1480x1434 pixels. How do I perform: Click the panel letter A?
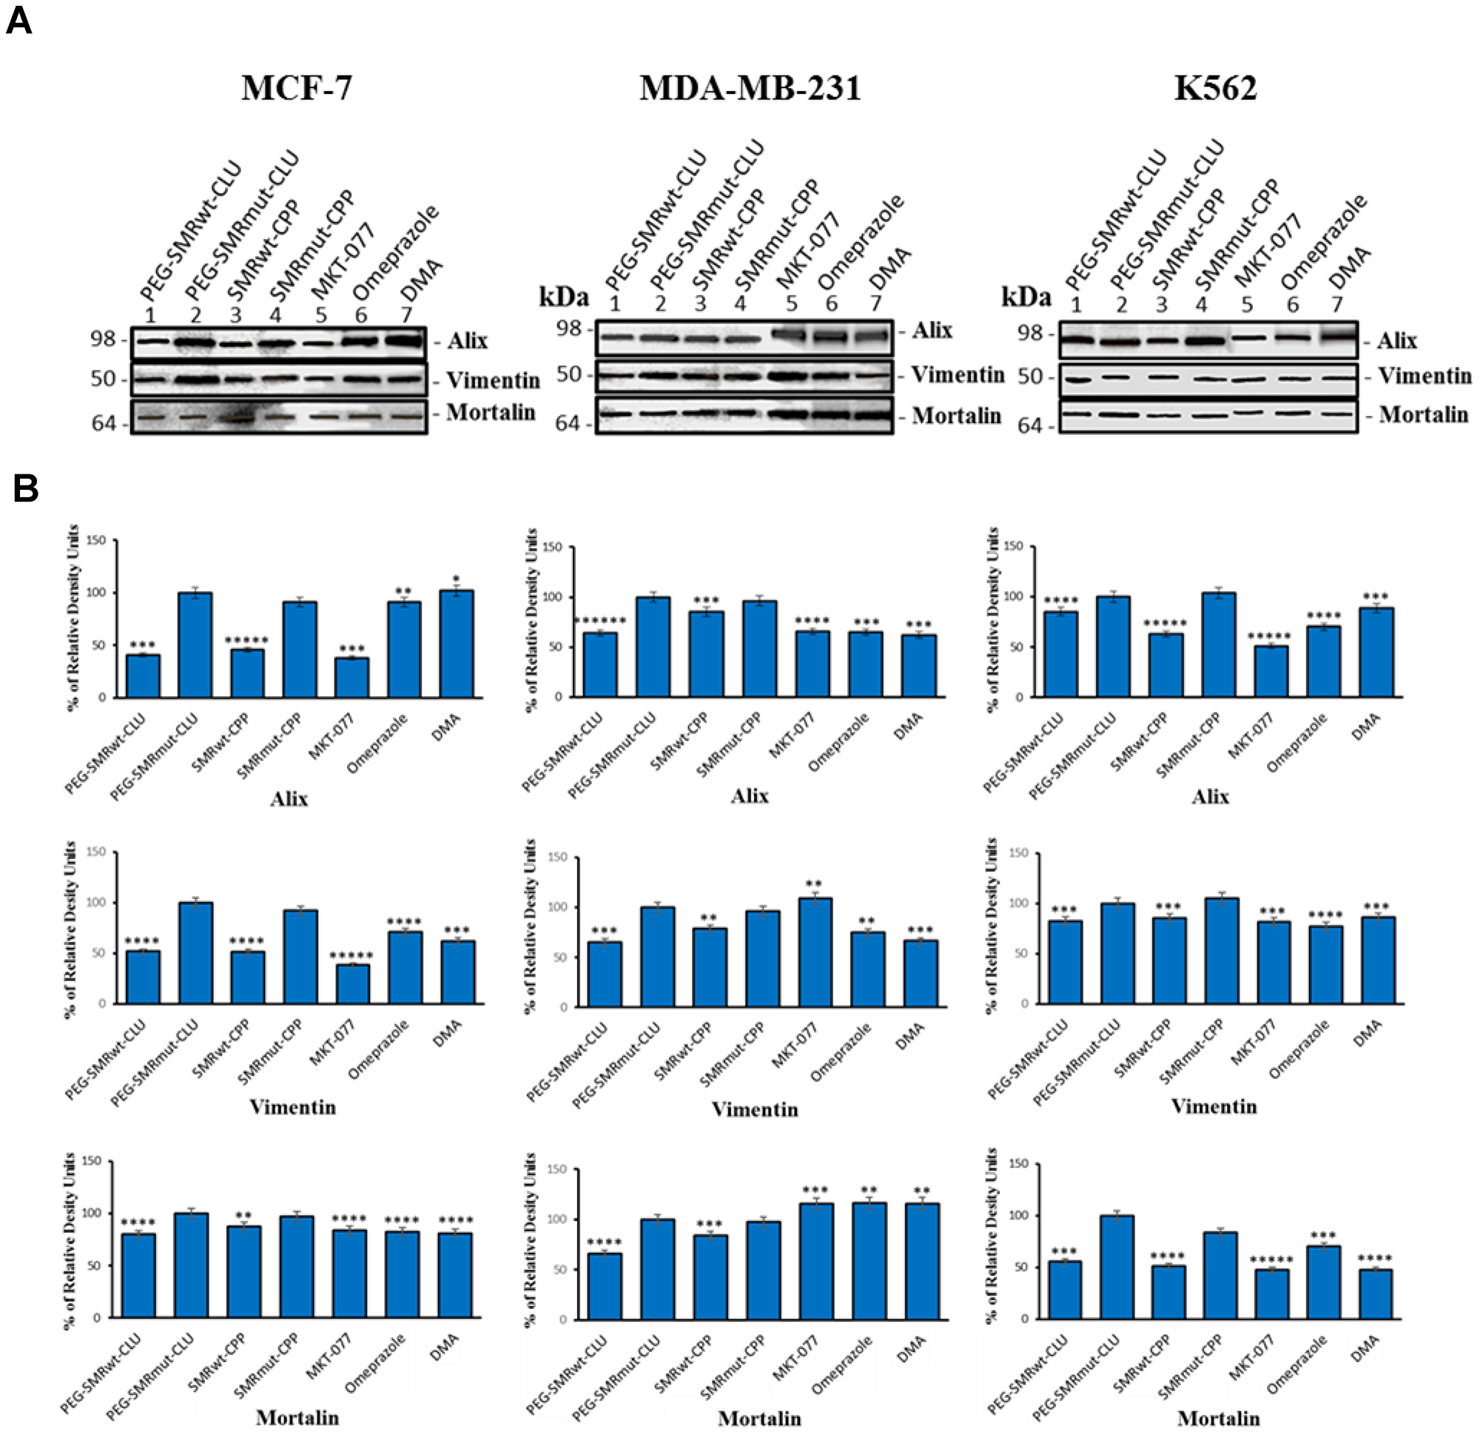coord(20,21)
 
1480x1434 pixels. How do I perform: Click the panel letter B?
coord(26,489)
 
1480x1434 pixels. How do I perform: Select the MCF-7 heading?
coord(296,88)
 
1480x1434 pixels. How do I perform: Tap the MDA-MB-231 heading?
coord(750,88)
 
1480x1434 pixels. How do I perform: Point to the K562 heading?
coord(1215,88)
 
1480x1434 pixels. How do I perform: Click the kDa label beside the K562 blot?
coord(1026,297)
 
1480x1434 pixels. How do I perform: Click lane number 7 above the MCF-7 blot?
coord(406,314)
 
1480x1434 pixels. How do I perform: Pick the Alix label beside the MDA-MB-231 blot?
coord(932,331)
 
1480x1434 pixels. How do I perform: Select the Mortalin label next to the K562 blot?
coord(1422,414)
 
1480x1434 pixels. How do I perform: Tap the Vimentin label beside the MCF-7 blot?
coord(492,380)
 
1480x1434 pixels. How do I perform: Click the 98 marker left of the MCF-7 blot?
coord(104,340)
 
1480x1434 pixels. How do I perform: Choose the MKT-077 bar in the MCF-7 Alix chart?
coord(352,677)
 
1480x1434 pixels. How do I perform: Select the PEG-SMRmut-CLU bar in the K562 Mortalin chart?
coord(1117,1269)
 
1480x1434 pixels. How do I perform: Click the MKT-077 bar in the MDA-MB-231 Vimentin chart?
coord(815,953)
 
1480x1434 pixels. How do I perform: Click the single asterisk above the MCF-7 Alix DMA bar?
coord(455,580)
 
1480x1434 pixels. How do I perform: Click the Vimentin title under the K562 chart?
coord(1214,1107)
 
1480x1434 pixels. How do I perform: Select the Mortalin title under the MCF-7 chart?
coord(297,1418)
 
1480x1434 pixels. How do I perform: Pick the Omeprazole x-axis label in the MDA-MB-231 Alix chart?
coord(838,742)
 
